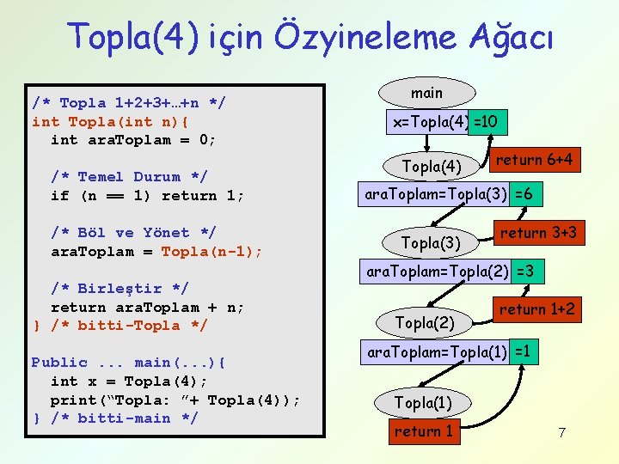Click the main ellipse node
click(x=426, y=93)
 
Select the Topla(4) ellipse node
click(x=432, y=165)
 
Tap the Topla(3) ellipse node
click(x=432, y=242)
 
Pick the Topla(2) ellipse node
click(x=425, y=322)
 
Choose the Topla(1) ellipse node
click(x=423, y=402)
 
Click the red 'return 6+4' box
click(x=534, y=160)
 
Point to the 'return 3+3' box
click(x=538, y=232)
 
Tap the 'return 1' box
click(x=423, y=431)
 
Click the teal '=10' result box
click(x=487, y=122)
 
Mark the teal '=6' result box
click(x=525, y=195)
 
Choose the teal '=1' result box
click(x=524, y=351)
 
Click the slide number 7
click(x=561, y=432)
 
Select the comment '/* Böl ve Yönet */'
click(x=132, y=233)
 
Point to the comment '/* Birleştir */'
click(x=120, y=289)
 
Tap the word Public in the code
click(x=59, y=363)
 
